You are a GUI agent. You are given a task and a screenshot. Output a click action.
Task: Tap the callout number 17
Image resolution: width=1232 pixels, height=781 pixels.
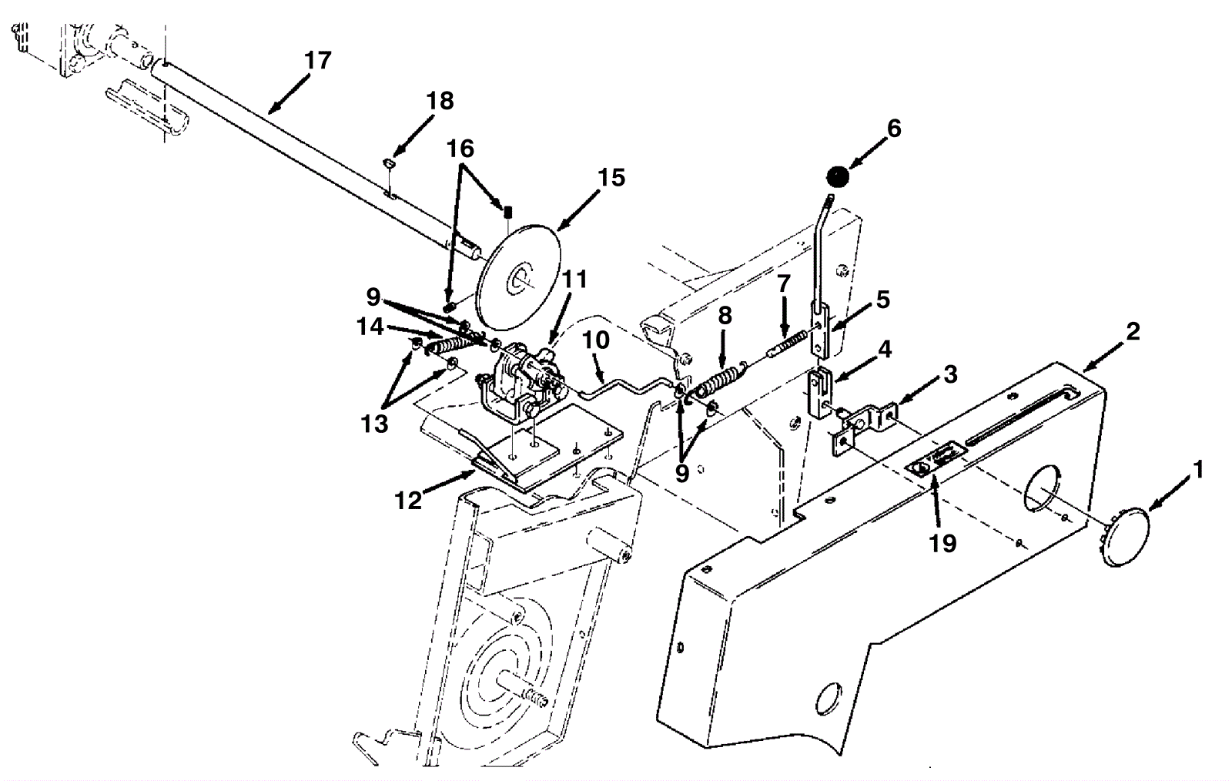click(x=318, y=61)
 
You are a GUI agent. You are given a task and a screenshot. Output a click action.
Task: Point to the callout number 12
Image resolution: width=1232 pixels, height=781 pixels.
click(x=408, y=500)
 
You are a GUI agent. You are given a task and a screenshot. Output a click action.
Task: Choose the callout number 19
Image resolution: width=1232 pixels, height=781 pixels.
click(x=942, y=544)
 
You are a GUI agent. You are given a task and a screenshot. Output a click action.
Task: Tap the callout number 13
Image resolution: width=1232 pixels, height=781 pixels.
click(x=374, y=424)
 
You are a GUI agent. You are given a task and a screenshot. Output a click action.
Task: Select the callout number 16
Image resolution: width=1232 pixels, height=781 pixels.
click(x=460, y=149)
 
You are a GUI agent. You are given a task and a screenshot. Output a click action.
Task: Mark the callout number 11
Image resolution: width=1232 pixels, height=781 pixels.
click(x=574, y=279)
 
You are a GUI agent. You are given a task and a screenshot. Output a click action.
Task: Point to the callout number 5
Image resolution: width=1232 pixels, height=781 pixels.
click(x=882, y=300)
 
